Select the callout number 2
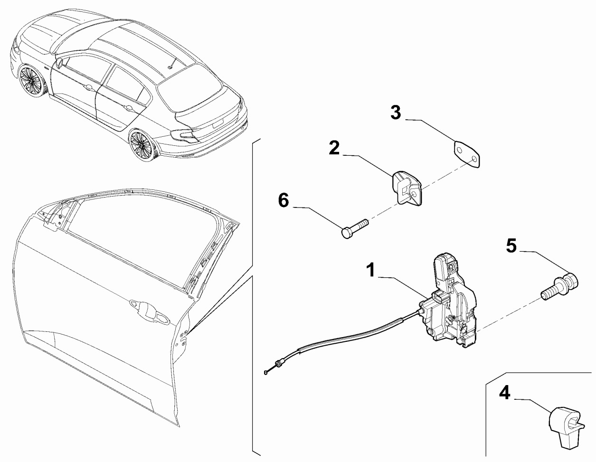coord(334,148)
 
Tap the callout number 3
coord(396,113)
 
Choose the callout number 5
coord(511,245)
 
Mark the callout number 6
coord(283,200)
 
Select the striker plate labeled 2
coord(407,189)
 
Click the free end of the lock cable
coord(265,372)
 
